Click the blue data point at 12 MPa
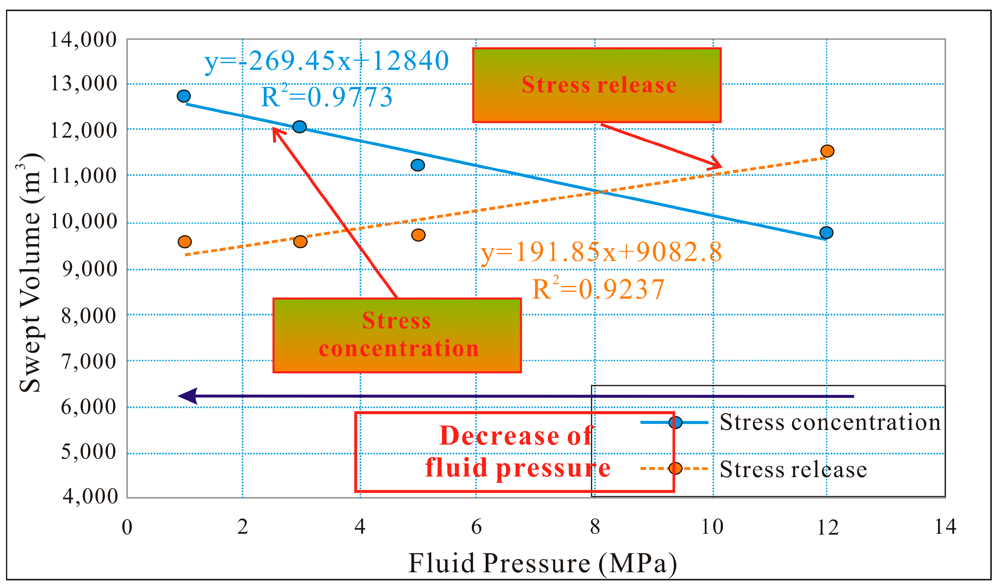[826, 232]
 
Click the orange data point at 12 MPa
[827, 151]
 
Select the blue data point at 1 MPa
[183, 96]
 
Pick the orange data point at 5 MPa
[418, 235]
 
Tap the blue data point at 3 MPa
[299, 126]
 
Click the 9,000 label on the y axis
[90, 269]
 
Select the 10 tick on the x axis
[712, 527]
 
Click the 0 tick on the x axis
[127, 527]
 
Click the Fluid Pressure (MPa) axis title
[542, 563]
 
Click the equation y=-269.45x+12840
[326, 61]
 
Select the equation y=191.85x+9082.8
[601, 252]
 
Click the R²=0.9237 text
[597, 289]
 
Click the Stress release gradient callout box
[596, 85]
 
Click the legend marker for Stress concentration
[675, 422]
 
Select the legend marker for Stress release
[675, 468]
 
